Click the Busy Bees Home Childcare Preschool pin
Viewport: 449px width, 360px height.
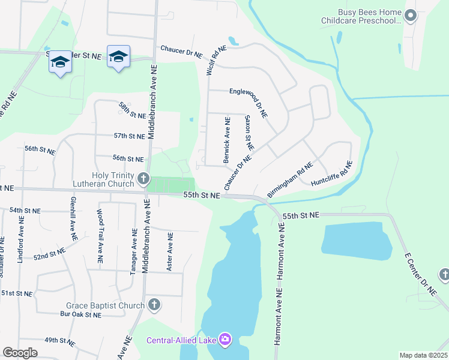(411, 16)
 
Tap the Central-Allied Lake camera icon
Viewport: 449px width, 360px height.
(225, 340)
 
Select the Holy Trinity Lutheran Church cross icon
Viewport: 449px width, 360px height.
(143, 178)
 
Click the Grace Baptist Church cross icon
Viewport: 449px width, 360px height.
(154, 305)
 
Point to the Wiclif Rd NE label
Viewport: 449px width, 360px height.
(217, 60)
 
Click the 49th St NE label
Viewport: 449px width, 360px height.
(59, 341)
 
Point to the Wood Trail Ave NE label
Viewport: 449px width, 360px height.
(100, 235)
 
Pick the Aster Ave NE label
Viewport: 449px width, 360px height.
(170, 250)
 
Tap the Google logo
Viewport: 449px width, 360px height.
(20, 353)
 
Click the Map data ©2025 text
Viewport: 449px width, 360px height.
(423, 355)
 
